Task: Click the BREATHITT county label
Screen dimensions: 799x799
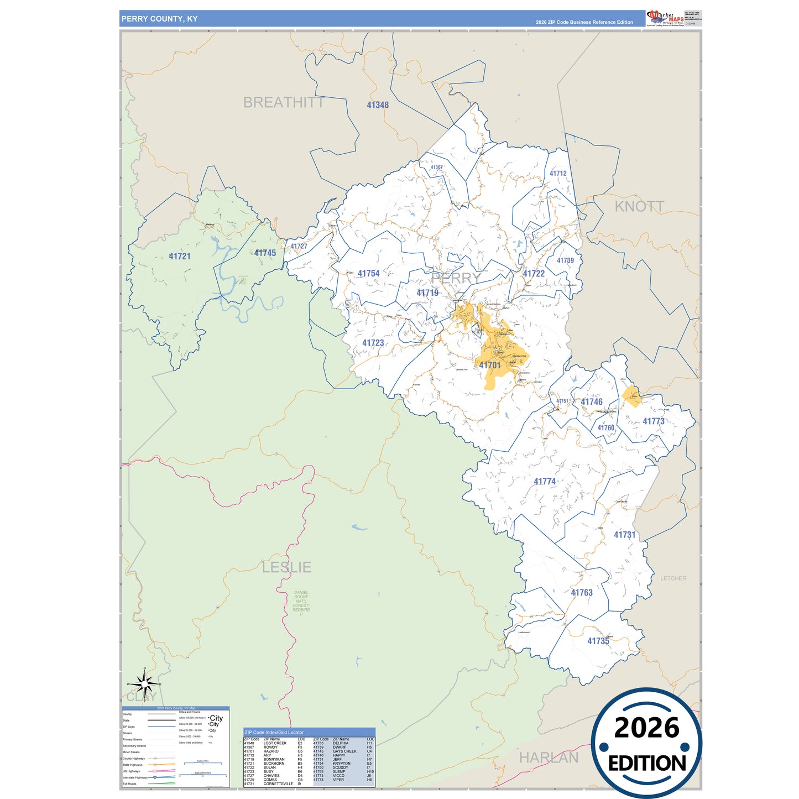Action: click(284, 102)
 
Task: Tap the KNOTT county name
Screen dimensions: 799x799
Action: click(639, 207)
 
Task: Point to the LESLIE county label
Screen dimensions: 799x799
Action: click(286, 567)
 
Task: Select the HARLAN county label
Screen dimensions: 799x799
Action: click(549, 758)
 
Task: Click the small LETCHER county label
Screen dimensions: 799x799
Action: click(673, 578)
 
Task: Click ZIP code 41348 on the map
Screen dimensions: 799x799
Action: click(378, 105)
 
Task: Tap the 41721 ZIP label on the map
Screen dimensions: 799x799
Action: click(180, 256)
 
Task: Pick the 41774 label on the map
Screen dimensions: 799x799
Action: click(545, 482)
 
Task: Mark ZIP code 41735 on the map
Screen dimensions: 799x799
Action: click(598, 641)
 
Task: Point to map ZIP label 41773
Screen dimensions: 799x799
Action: click(654, 421)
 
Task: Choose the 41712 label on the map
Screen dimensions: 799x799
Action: click(558, 173)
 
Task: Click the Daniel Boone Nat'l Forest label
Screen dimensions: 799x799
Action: click(301, 603)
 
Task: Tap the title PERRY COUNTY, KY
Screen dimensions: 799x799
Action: click(159, 19)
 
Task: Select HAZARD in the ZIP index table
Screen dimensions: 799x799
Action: click(271, 751)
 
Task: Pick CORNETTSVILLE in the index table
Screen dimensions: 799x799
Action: click(278, 784)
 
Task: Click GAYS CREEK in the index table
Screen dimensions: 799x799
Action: click(344, 751)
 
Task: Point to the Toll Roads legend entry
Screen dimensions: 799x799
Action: click(129, 784)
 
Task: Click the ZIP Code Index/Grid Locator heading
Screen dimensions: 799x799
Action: click(274, 732)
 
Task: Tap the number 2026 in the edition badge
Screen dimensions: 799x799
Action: click(646, 728)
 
